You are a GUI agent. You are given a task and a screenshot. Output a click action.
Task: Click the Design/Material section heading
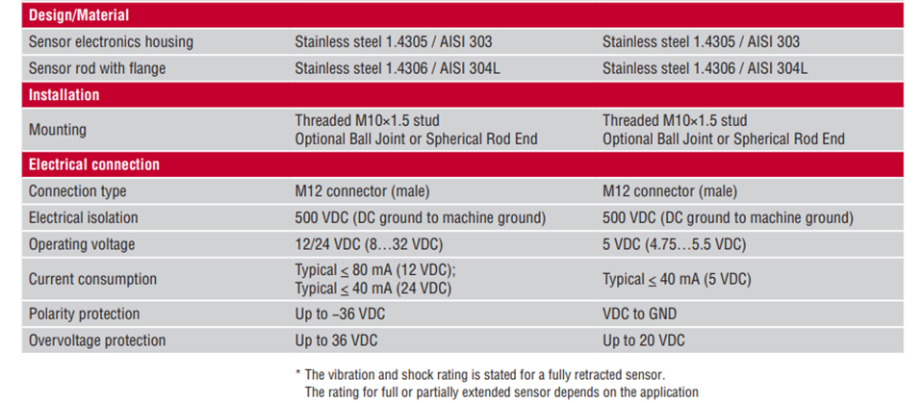tap(79, 16)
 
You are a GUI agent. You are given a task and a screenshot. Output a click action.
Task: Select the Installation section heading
tap(64, 95)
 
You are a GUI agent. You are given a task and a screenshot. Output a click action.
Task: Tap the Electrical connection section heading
tap(94, 164)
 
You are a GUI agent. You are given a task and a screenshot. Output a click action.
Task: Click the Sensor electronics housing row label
tap(111, 42)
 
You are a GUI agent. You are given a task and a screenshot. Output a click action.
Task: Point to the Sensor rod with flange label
tap(97, 69)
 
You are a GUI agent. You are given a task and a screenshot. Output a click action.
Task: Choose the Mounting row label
tap(57, 130)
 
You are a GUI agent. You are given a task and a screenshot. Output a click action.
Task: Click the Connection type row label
tap(77, 191)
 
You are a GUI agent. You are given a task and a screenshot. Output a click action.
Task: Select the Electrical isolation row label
tap(83, 218)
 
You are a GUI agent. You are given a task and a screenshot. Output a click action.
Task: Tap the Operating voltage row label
tap(82, 244)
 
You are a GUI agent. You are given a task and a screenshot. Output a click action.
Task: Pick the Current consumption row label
tap(92, 279)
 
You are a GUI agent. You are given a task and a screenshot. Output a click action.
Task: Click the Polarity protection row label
tap(85, 315)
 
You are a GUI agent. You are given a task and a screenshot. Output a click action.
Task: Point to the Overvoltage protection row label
tap(97, 340)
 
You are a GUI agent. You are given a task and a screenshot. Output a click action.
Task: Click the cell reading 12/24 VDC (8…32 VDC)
tap(369, 244)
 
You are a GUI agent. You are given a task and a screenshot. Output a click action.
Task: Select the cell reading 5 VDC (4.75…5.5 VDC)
tap(674, 244)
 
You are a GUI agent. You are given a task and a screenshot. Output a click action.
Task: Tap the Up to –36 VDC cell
tap(340, 315)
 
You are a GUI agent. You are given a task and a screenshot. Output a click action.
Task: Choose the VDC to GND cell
tap(639, 315)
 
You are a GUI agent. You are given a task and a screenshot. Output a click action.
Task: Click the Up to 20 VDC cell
tap(644, 340)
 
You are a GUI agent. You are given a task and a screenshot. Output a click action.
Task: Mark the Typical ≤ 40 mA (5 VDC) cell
tap(677, 279)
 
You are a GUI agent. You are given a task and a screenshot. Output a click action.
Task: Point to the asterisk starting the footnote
tap(298, 373)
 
